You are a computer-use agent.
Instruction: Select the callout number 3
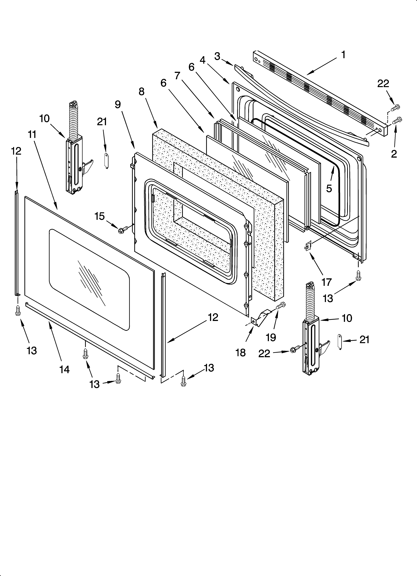tap(217, 56)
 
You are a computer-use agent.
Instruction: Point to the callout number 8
tap(141, 92)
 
